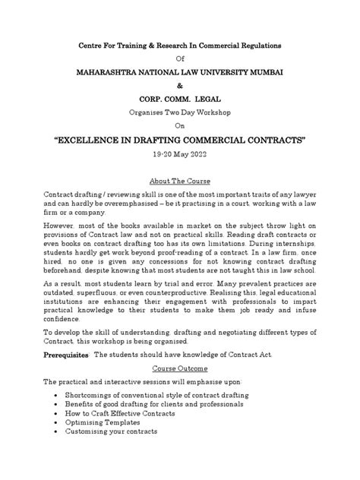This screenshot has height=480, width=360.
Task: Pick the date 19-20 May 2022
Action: click(180, 158)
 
